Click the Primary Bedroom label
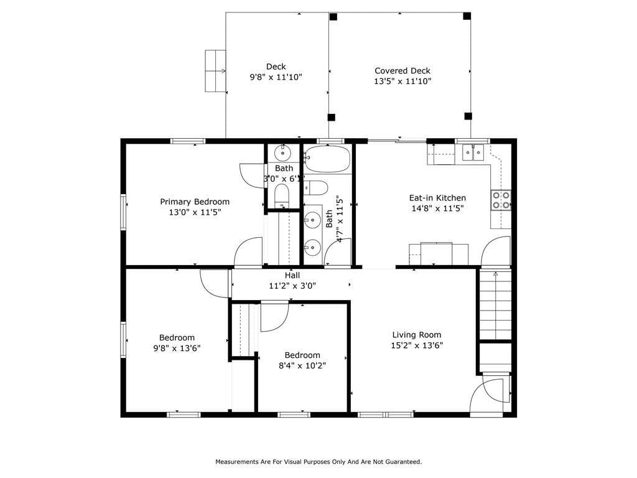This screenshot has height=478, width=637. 195,202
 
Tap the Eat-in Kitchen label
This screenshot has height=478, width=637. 437,198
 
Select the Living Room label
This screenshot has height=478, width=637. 416,335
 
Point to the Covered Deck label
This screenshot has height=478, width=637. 402,71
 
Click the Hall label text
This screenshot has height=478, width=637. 292,276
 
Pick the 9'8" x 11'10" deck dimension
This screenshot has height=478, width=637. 276,77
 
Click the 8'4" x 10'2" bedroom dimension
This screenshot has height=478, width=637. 302,365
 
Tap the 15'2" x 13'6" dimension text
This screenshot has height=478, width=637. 417,345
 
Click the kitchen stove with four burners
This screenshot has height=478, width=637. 501,200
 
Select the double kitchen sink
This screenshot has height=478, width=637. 473,153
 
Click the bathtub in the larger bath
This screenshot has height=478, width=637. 327,159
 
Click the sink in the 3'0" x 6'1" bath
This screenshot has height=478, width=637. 282,153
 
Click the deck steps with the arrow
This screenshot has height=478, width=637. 215,71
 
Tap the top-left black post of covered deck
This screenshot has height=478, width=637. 333,17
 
